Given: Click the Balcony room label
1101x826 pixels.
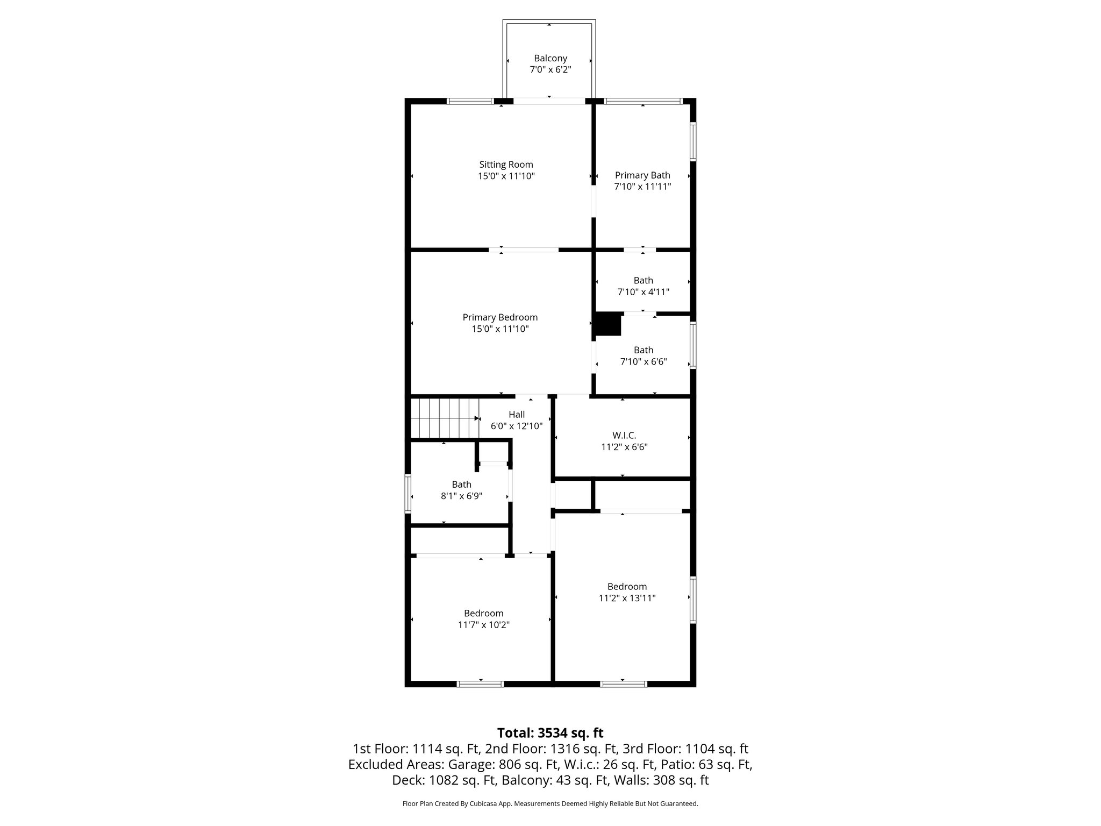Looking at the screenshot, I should [x=550, y=58].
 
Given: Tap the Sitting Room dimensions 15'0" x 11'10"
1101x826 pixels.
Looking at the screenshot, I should [x=506, y=176].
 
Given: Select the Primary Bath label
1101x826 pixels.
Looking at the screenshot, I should [x=642, y=175].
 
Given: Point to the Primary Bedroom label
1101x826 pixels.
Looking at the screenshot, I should [x=500, y=317].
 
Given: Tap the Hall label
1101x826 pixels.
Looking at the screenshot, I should [x=517, y=415].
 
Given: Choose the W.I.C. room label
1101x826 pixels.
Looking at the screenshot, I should [x=624, y=435].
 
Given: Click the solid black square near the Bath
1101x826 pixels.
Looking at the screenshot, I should [x=608, y=325].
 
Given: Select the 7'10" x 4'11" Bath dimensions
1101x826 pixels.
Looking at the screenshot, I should [x=643, y=292].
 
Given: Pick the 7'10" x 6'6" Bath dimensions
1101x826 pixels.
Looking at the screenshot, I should [x=643, y=362].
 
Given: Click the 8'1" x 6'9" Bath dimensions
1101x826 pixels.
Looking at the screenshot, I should [x=461, y=496].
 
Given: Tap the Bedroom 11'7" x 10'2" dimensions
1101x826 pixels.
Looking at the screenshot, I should [x=483, y=625].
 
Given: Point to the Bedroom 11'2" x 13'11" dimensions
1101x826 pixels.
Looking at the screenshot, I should [x=627, y=598].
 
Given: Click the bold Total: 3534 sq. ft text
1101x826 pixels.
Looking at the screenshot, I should [x=550, y=733].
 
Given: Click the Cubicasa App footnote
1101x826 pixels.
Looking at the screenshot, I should [x=550, y=804].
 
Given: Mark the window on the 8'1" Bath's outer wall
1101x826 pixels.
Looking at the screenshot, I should [x=408, y=494].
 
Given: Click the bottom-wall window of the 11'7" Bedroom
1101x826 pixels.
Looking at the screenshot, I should [x=480, y=684].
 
